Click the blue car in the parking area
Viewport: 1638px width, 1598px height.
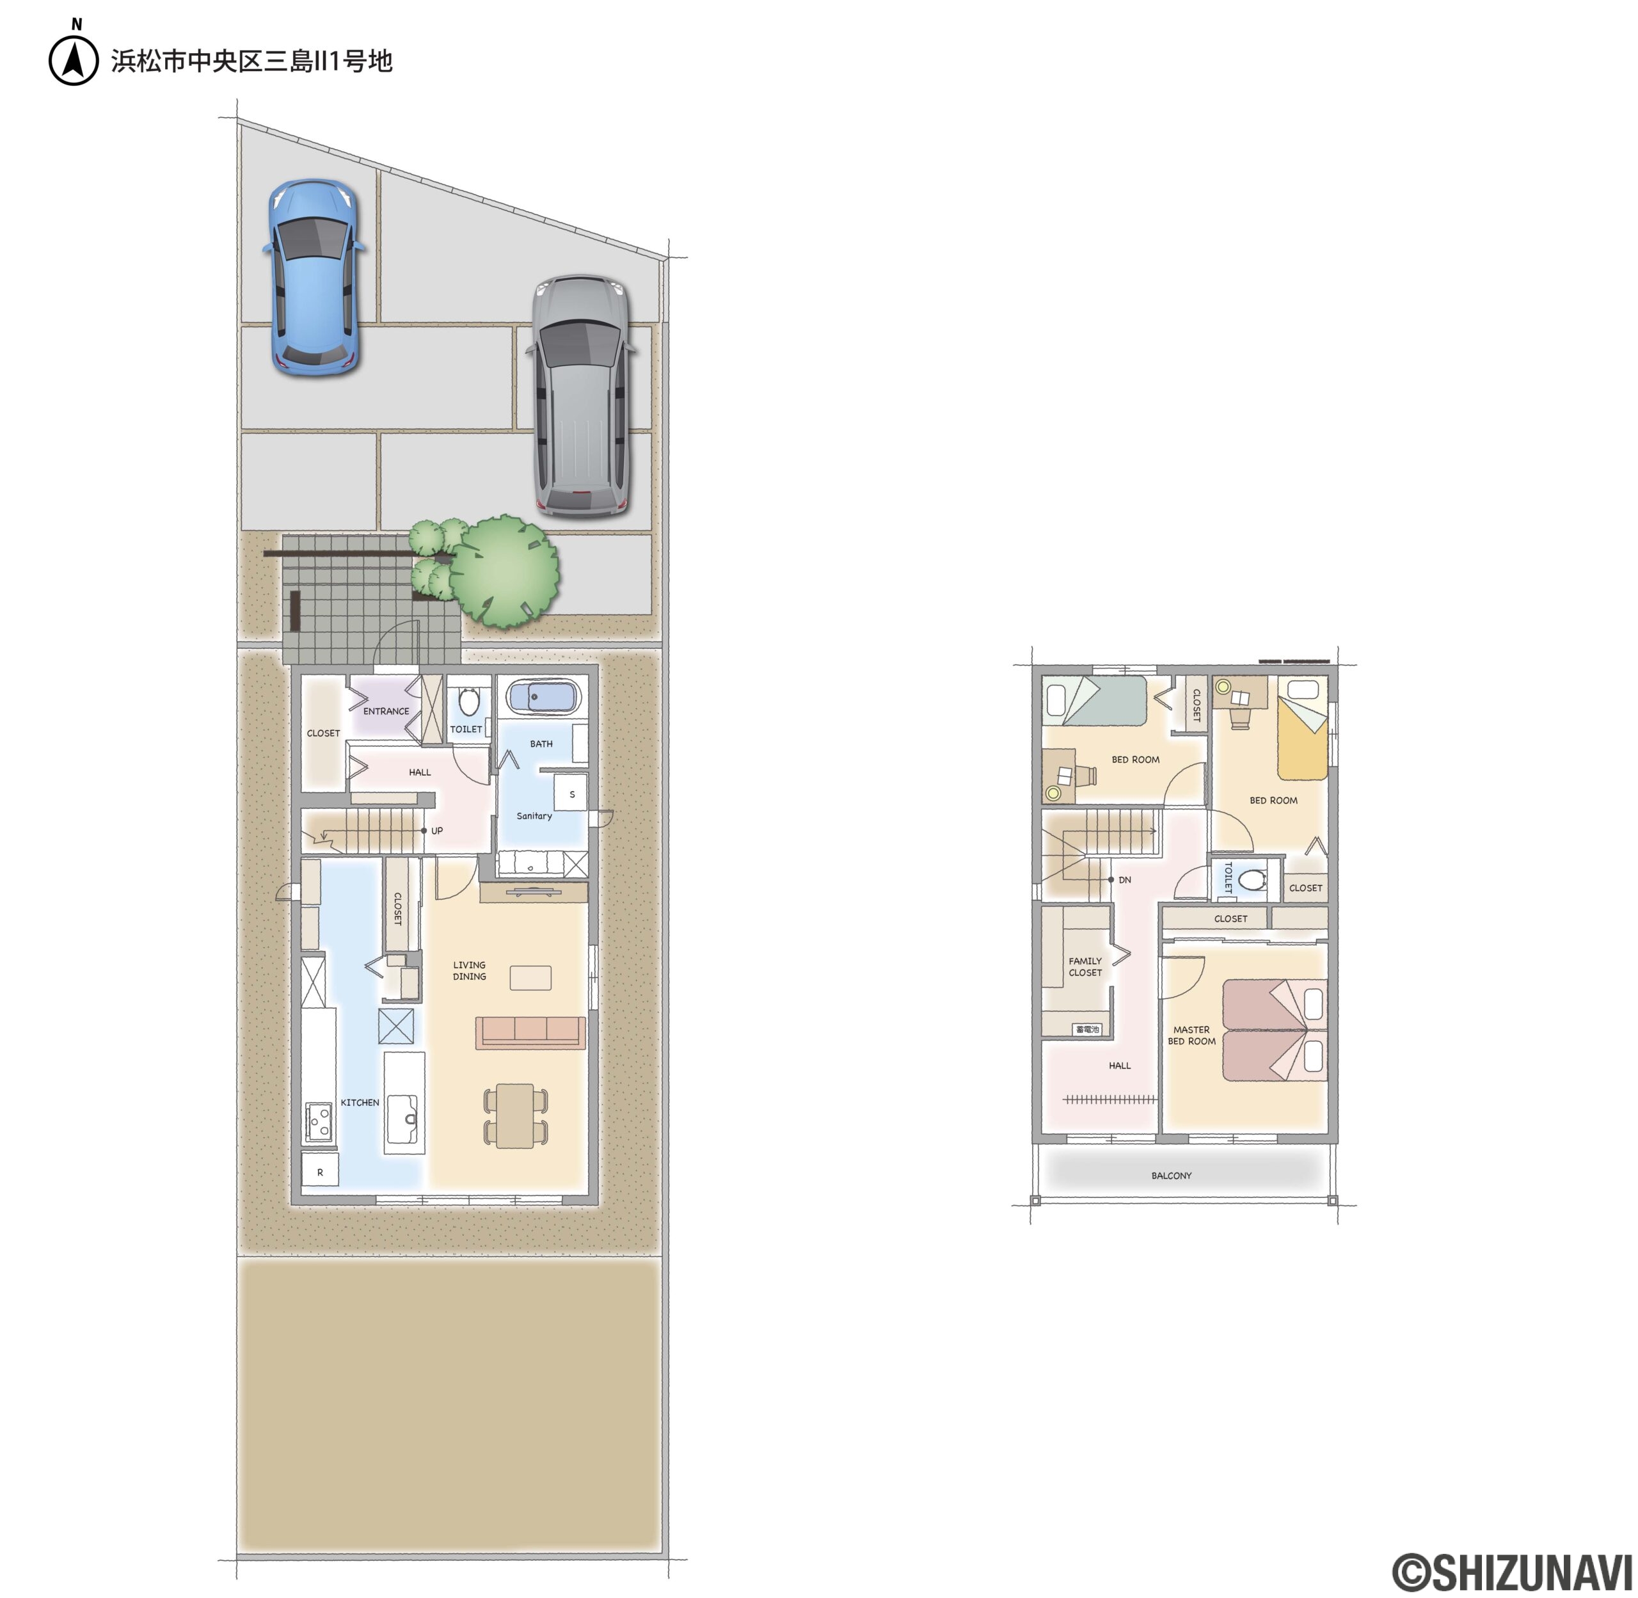pos(313,277)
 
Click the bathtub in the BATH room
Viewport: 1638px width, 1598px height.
pos(543,696)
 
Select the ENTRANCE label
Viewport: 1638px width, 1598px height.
pos(386,711)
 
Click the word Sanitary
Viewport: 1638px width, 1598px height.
pos(534,816)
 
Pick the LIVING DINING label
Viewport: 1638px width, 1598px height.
pos(469,970)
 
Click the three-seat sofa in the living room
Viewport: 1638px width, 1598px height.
pos(530,1032)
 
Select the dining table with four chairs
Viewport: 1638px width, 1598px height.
pos(515,1115)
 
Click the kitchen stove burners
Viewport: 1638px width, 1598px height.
pos(319,1121)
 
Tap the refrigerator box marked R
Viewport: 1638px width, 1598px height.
pos(320,1172)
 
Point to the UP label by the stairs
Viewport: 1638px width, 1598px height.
pos(436,831)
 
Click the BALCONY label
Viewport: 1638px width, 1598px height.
pos(1171,1176)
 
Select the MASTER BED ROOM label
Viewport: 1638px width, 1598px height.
pos(1191,1035)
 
